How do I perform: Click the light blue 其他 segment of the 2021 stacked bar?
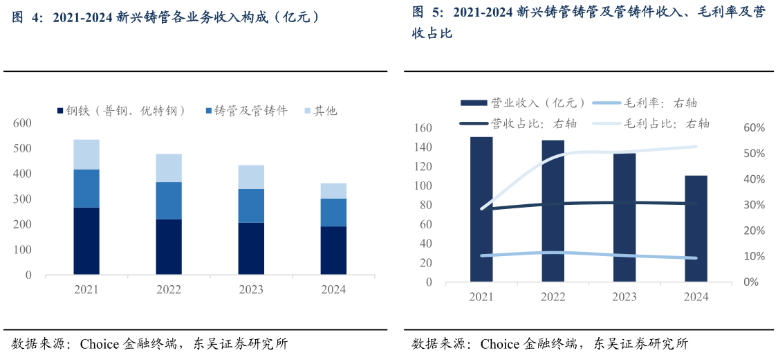click(x=86, y=154)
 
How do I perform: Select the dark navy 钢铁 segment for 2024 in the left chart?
click(x=333, y=250)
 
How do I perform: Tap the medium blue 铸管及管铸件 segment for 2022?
click(x=169, y=201)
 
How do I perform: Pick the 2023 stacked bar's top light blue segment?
click(x=251, y=177)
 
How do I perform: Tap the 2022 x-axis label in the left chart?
click(x=169, y=289)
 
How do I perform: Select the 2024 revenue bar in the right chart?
click(x=696, y=228)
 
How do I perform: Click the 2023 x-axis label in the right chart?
click(x=624, y=297)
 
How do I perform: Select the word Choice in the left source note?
click(x=101, y=344)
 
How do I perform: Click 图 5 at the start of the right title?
click(x=423, y=12)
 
